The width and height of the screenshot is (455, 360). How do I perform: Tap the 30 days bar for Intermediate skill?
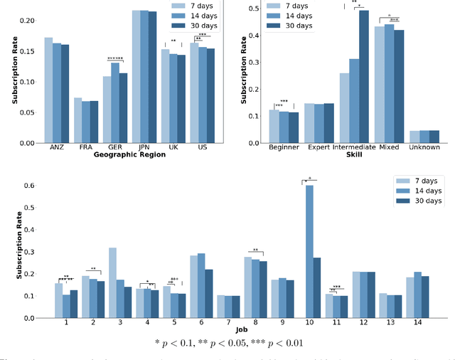point(363,76)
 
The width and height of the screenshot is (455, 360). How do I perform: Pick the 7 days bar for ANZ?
point(48,90)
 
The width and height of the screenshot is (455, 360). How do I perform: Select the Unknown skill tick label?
point(424,149)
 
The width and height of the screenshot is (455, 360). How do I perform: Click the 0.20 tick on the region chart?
point(26,20)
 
